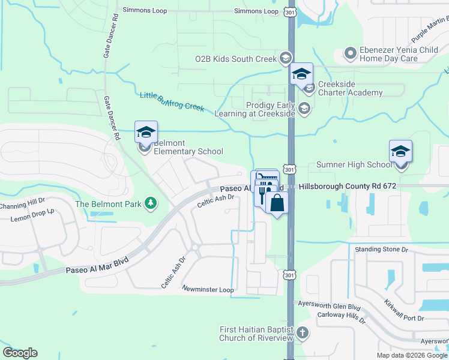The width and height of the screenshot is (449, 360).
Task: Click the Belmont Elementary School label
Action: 188,147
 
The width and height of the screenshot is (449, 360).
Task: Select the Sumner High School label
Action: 354,165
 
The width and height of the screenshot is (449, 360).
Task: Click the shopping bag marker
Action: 277,203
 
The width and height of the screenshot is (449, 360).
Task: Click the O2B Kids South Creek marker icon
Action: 286,58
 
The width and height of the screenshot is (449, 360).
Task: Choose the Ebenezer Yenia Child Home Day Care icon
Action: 351,55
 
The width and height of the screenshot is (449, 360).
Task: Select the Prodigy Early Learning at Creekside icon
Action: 304,109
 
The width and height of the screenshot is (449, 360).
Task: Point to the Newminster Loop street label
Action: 208,290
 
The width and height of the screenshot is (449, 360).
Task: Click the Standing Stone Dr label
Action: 381,249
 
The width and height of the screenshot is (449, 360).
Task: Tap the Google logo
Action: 20,353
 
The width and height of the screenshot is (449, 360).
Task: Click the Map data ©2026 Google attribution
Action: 412,355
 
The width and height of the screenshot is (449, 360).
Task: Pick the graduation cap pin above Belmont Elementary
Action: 146,132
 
